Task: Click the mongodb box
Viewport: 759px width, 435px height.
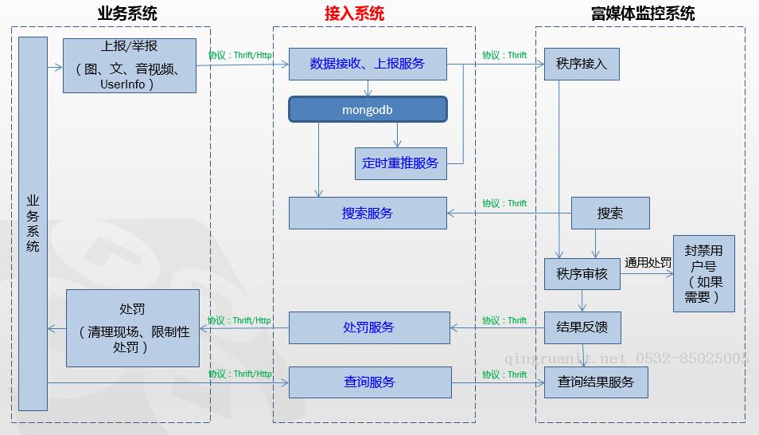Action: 368,110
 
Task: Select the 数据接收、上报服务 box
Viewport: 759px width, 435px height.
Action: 368,64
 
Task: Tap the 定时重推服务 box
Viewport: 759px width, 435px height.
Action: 400,163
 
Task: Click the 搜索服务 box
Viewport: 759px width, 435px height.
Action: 368,214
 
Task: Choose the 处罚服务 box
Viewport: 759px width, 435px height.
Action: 369,327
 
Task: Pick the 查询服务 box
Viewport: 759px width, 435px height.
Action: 370,382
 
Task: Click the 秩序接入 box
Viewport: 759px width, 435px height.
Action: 582,64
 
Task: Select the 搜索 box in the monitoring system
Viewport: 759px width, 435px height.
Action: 610,214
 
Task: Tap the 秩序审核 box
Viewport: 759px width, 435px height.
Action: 582,274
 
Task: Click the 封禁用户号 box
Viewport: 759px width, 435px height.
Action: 703,273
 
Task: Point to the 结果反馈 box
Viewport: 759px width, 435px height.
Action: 582,327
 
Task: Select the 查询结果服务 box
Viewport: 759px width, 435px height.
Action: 596,382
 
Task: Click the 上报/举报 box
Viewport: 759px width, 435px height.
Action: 129,65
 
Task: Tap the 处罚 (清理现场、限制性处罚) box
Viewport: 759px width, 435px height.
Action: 132,327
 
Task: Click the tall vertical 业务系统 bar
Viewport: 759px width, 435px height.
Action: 33,223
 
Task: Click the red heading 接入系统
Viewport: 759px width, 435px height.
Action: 354,14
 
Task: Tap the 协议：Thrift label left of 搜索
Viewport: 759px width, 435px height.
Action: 504,204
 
